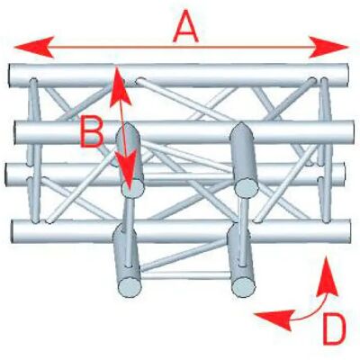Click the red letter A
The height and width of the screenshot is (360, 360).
[185, 27]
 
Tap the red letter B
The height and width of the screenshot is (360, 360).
[92, 132]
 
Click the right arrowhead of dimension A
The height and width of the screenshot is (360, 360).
[328, 47]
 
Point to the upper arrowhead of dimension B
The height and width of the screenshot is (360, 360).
[120, 87]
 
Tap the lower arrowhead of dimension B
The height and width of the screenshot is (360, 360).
[128, 171]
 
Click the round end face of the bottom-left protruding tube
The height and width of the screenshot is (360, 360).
[130, 287]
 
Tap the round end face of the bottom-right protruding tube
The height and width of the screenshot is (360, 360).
[244, 287]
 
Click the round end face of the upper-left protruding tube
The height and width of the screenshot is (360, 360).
[132, 189]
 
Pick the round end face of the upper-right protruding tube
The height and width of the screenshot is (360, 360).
[247, 188]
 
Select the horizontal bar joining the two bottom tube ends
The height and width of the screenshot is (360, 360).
[186, 275]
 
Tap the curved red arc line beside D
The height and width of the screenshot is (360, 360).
[311, 312]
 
